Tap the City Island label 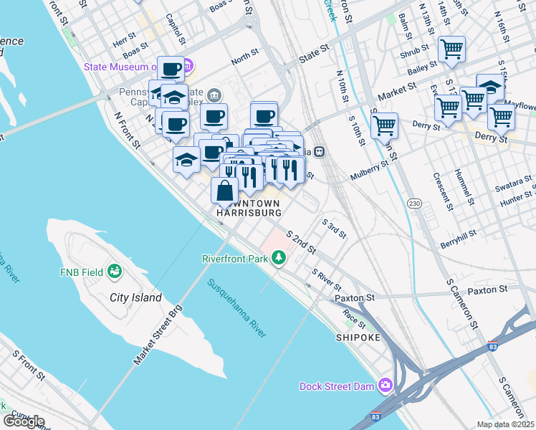(135, 297)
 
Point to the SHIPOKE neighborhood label (357, 337)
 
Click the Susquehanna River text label (237, 307)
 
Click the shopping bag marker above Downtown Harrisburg (225, 191)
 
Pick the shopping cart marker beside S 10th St (385, 125)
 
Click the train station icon (320, 151)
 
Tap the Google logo (24, 421)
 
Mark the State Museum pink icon (188, 67)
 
